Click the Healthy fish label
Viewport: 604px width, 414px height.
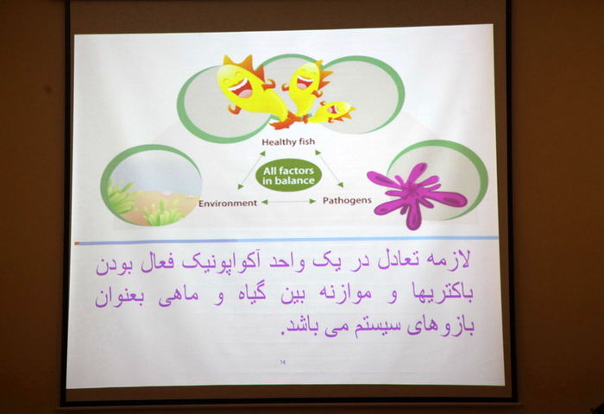click(x=288, y=142)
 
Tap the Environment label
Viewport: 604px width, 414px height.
click(x=228, y=203)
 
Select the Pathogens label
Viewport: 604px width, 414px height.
click(x=347, y=200)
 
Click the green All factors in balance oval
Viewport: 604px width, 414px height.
click(x=288, y=176)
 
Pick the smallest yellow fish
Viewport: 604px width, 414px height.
click(x=331, y=111)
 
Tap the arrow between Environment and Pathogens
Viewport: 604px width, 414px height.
click(x=289, y=202)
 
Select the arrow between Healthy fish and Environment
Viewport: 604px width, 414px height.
click(x=252, y=170)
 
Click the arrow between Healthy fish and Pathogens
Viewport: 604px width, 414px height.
click(x=330, y=169)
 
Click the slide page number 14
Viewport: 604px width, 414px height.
click(x=283, y=361)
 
